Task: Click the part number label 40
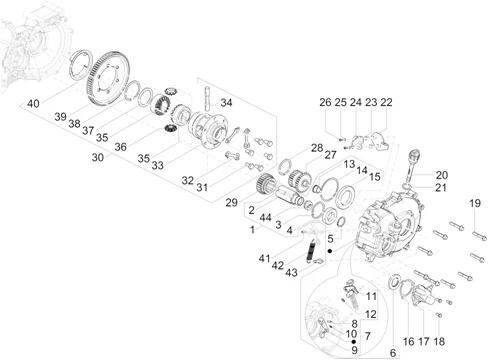pos(33,103)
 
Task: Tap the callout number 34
pos(226,102)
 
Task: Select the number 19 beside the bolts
pos(475,203)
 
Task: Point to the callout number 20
pos(442,175)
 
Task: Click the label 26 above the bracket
pos(325,102)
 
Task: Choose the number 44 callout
pos(265,218)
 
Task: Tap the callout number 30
pos(98,157)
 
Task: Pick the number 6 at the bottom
pos(393,353)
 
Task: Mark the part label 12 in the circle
pos(370,314)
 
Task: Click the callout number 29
pos(231,202)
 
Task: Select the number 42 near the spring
pos(278,266)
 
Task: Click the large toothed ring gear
pos(108,79)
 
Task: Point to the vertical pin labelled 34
pos(207,99)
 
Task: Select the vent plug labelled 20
pos(412,166)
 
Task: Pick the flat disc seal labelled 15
pos(345,197)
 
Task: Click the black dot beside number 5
pos(330,251)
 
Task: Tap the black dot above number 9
pos(354,342)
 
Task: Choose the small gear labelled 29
pos(265,183)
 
